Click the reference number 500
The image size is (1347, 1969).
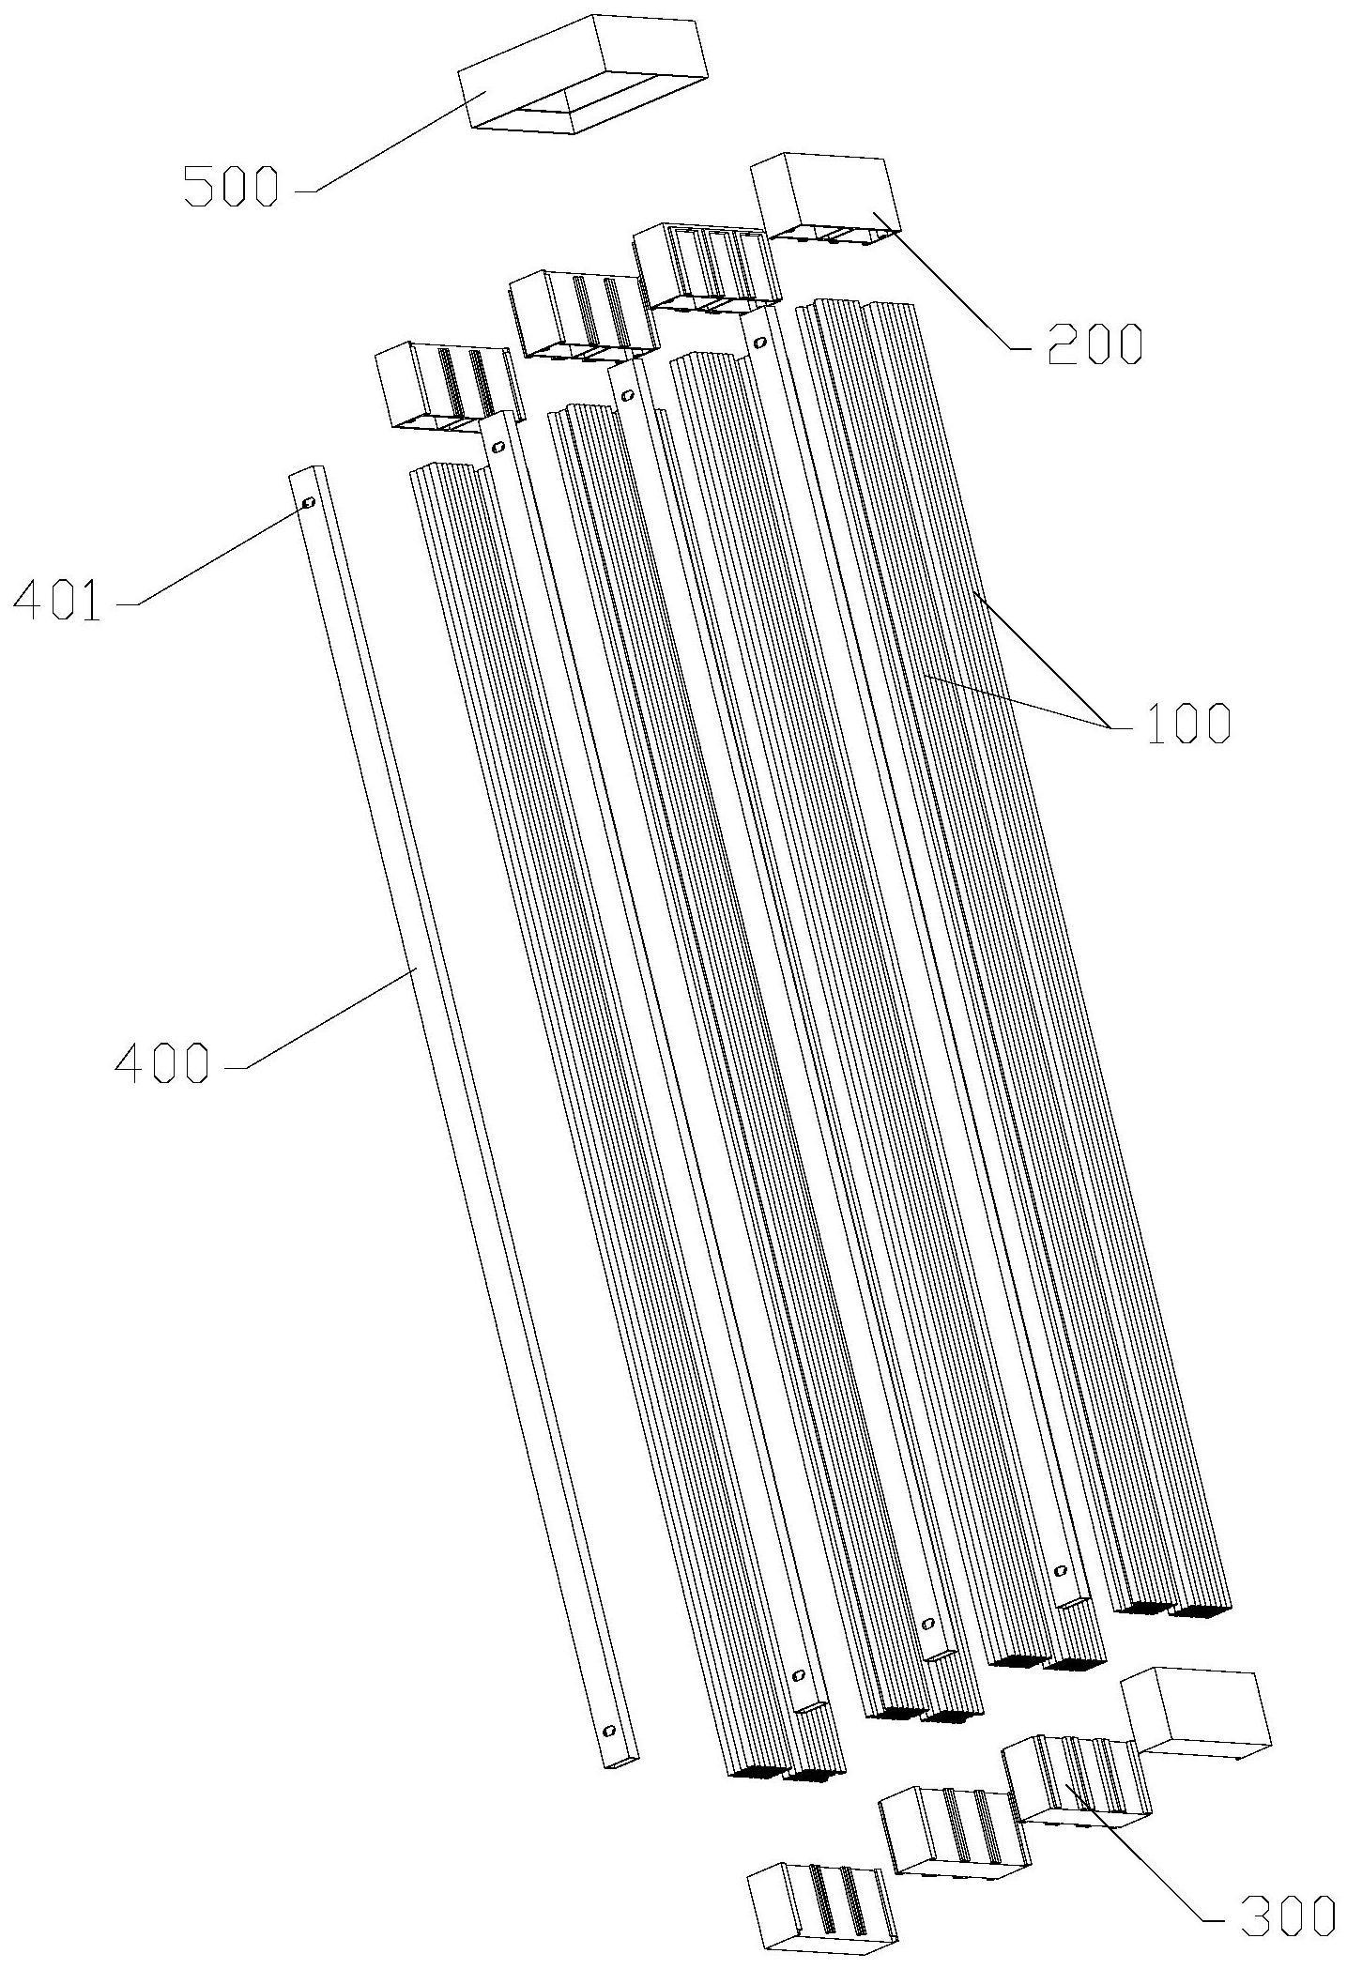point(231,186)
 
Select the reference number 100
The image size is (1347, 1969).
point(1185,723)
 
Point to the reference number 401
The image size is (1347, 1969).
point(57,601)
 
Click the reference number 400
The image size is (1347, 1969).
point(161,1063)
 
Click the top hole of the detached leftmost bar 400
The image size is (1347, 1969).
point(307,504)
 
